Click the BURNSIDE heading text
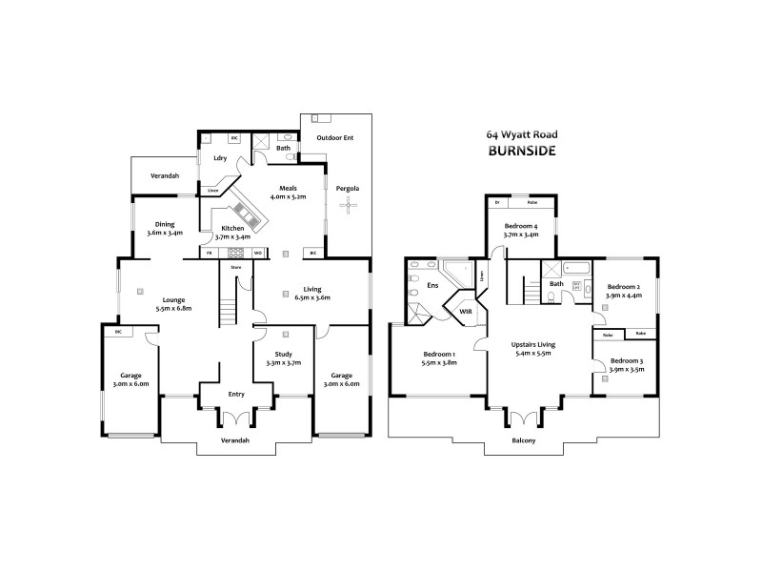point(521,151)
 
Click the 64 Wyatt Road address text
point(521,135)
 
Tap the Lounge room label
point(172,298)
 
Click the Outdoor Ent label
point(335,139)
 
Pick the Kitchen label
point(232,229)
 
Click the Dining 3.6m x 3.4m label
point(165,228)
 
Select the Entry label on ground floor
point(236,394)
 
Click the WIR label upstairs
point(466,311)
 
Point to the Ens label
point(431,284)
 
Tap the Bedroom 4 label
point(521,226)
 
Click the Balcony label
point(523,441)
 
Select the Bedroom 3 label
point(627,360)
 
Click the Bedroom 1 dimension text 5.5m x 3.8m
point(440,362)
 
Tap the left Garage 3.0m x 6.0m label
point(130,379)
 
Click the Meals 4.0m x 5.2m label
point(287,192)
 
